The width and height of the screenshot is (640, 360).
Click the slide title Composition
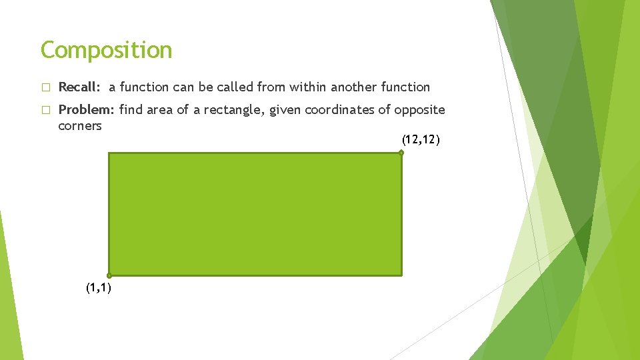pyautogui.click(x=106, y=50)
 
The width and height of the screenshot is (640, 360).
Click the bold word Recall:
pyautogui.click(x=80, y=87)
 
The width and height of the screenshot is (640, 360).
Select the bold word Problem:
pyautogui.click(x=87, y=110)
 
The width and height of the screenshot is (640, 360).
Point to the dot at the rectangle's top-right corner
pyautogui.click(x=401, y=153)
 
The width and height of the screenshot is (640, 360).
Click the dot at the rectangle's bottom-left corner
pyautogui.click(x=109, y=275)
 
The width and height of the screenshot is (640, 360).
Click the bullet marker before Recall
pyautogui.click(x=45, y=87)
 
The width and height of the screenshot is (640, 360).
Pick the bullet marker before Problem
pyautogui.click(x=45, y=111)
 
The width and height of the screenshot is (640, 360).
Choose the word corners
pyautogui.click(x=80, y=126)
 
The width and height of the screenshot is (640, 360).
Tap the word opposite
pyautogui.click(x=419, y=110)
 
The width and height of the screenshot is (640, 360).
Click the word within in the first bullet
pyautogui.click(x=305, y=87)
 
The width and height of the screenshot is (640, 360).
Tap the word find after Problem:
pyautogui.click(x=131, y=110)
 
